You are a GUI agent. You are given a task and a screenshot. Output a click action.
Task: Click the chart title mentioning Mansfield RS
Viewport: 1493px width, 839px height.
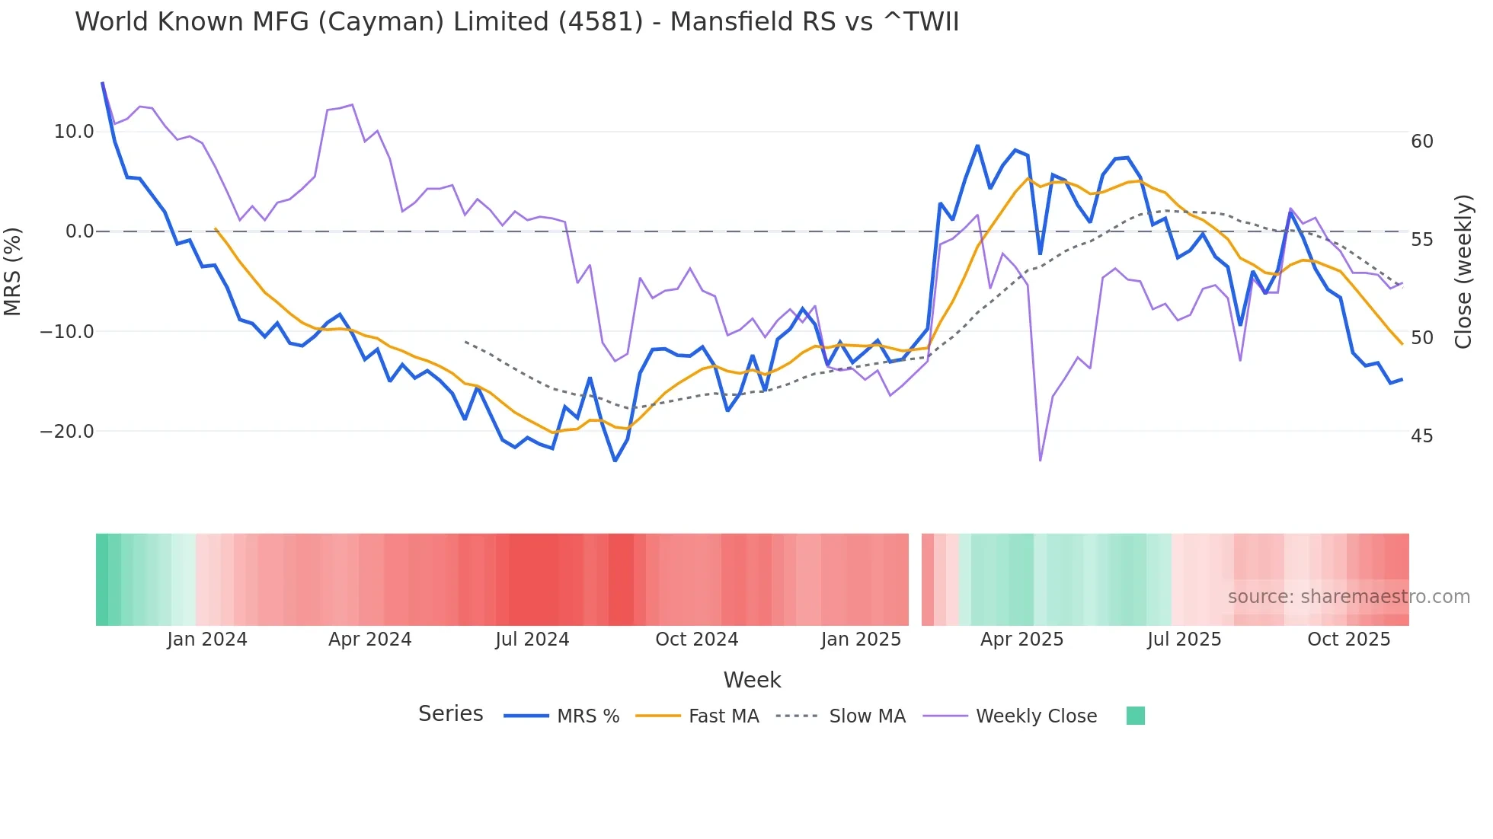point(516,21)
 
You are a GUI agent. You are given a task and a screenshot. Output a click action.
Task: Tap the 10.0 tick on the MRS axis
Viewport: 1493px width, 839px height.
point(73,132)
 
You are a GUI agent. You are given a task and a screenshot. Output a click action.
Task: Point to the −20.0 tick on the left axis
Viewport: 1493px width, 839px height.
point(67,432)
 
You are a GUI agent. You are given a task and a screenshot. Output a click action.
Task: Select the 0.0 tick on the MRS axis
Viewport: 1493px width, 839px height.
point(79,231)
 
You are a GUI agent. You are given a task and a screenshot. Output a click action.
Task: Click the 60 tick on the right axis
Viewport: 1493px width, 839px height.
point(1421,142)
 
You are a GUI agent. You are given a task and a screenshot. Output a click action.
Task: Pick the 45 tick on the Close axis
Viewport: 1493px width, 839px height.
point(1421,436)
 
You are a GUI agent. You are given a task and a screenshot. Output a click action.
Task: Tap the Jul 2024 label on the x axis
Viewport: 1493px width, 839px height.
point(532,640)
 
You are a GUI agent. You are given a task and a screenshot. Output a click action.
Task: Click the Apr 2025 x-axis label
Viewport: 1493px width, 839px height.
point(1021,640)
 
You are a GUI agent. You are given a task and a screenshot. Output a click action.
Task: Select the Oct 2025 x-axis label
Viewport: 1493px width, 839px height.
point(1348,640)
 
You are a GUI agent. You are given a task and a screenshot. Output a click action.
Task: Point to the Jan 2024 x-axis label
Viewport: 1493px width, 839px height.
point(207,640)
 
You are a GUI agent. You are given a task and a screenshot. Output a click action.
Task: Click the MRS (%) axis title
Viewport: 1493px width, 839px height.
point(13,271)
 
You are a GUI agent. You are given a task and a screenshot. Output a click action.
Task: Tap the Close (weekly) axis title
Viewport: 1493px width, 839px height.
point(1463,271)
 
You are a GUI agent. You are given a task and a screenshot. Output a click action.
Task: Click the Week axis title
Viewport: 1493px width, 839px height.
point(752,680)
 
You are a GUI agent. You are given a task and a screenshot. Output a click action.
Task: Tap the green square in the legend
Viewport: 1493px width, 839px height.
point(1135,716)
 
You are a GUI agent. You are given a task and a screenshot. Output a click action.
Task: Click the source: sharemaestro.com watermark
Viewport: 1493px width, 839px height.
point(1348,597)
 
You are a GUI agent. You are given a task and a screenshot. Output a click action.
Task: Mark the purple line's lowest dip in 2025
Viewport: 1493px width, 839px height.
point(1040,460)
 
